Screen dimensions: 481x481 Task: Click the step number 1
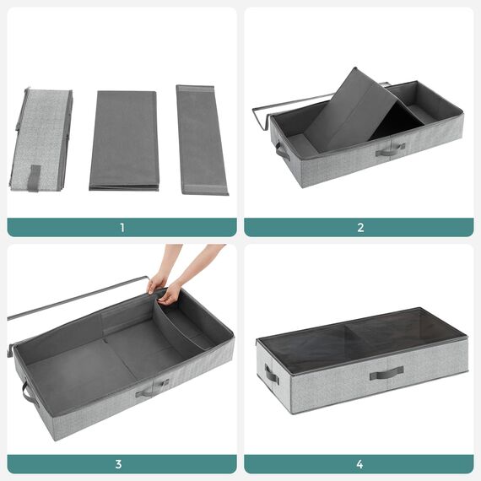coord(122,227)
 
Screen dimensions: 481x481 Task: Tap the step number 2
coord(359,227)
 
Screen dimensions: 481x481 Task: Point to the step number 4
coord(359,463)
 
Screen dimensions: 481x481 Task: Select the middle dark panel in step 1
coord(124,140)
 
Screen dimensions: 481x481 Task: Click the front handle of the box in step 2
coord(389,150)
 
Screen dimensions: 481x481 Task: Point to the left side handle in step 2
coord(282,152)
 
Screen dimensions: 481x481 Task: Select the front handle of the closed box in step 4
coord(386,372)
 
